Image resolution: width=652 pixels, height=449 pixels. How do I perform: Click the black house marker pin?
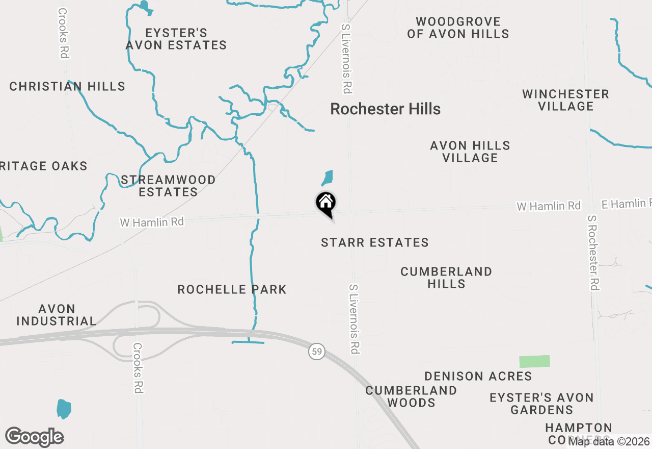point(326,204)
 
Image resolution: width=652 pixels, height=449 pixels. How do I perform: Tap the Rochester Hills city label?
point(385,109)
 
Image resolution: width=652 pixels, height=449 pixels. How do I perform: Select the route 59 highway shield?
point(317,352)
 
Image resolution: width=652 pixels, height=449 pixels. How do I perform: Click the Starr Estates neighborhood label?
point(375,242)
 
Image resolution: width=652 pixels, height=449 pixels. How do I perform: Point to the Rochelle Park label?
point(232,289)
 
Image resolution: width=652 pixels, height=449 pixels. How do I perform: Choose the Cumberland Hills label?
point(446,278)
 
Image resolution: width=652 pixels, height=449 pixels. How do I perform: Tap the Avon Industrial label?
point(57,315)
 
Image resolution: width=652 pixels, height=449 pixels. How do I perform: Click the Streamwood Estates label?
point(168,186)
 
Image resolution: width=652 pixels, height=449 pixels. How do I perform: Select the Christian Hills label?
point(67,86)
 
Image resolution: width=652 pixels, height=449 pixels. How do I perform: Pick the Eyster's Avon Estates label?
point(176,39)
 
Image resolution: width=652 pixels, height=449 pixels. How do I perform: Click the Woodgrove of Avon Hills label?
point(458,28)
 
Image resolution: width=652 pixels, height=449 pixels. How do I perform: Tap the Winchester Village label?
point(565,100)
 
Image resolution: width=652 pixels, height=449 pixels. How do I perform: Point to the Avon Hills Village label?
point(470,152)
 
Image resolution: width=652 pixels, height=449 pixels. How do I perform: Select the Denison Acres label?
point(478,376)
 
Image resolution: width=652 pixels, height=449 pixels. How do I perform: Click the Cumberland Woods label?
point(411,396)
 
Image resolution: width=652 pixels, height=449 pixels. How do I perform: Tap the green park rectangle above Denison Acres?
point(534,361)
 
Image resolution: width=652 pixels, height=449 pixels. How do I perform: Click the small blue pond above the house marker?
point(327,178)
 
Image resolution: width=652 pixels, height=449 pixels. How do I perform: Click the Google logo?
point(34,437)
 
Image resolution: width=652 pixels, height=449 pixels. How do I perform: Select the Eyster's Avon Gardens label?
point(541,404)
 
